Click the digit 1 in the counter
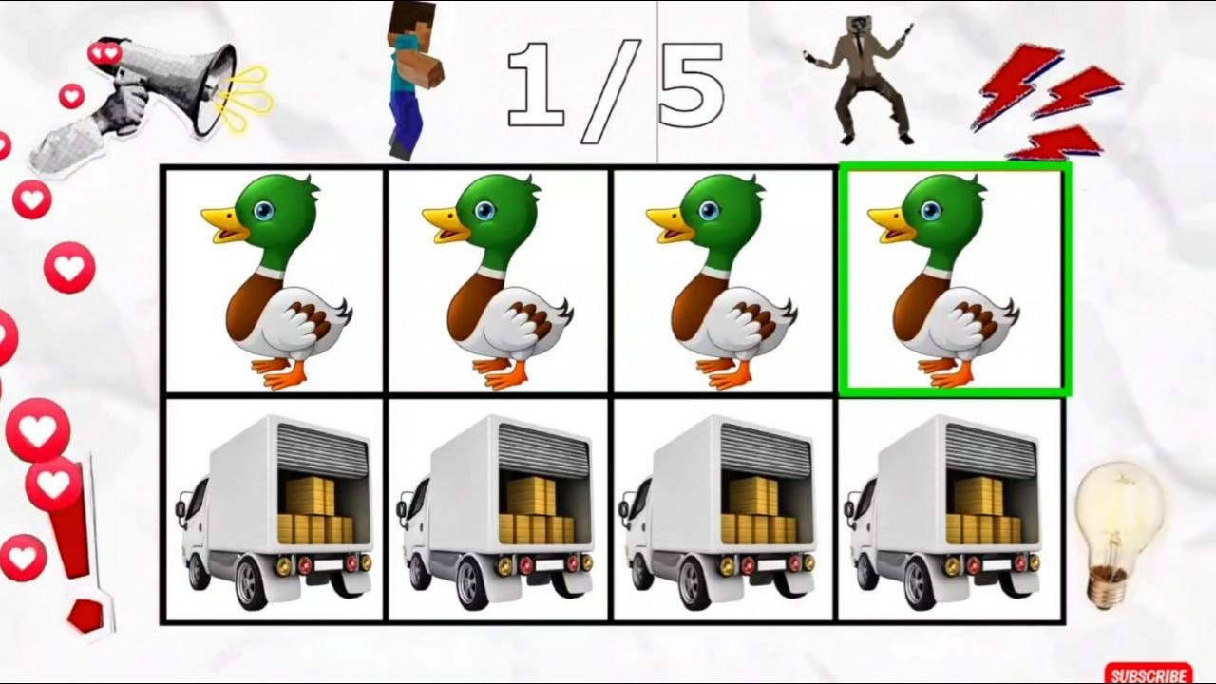point(538,85)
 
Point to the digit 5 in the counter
point(691,85)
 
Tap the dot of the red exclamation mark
point(85,617)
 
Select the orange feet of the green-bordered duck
point(950,371)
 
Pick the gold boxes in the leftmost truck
point(314,512)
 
